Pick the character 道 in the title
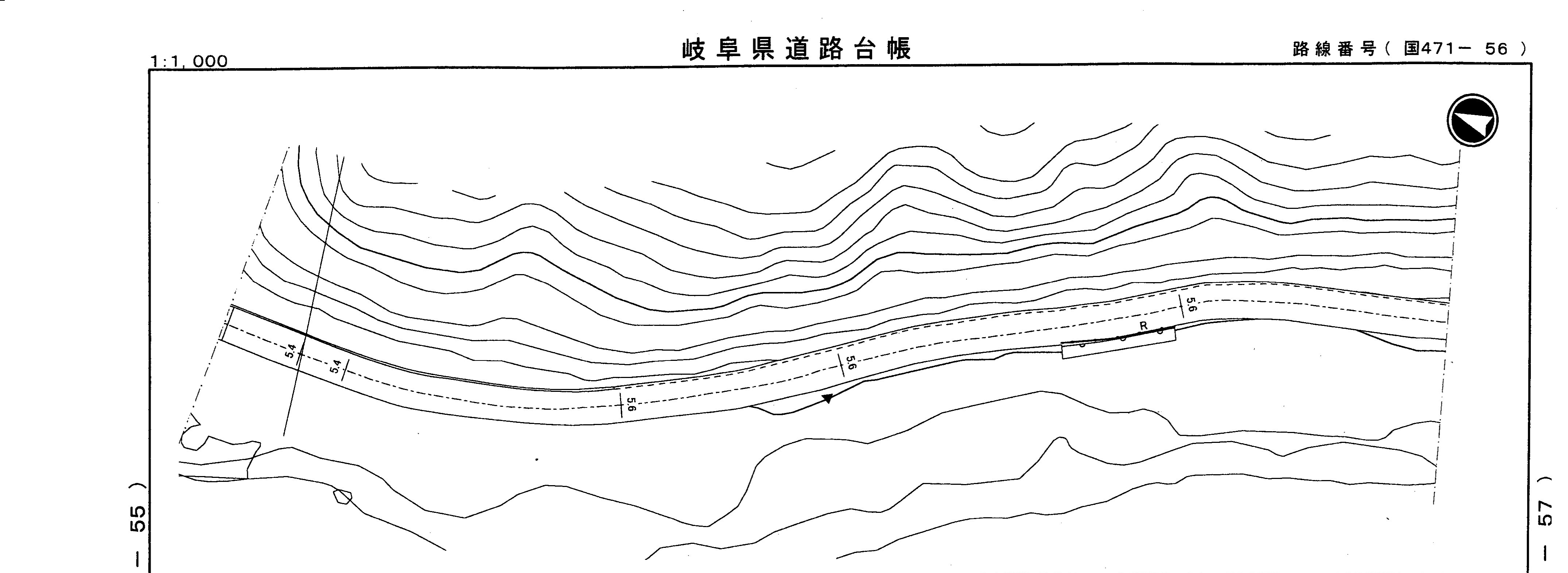tap(797, 49)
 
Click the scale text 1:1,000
tap(189, 62)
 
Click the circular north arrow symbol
tap(1472, 120)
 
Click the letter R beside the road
tap(1143, 326)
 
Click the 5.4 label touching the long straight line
tap(291, 352)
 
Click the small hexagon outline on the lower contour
tap(343, 496)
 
